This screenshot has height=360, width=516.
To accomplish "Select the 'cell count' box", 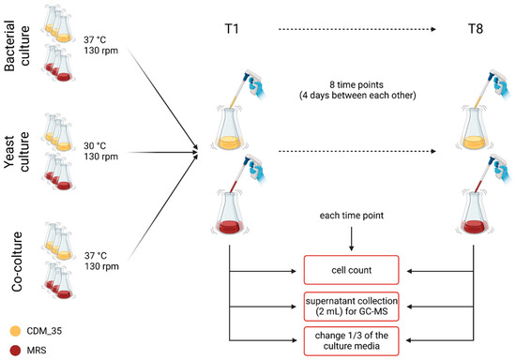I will click(x=350, y=271).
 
